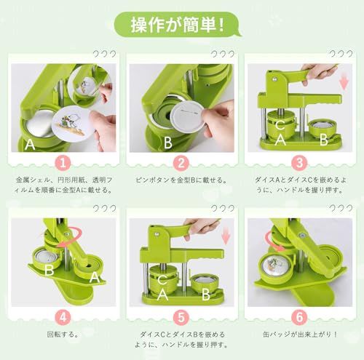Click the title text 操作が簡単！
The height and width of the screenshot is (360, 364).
click(182, 24)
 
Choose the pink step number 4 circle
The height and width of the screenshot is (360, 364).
click(63, 317)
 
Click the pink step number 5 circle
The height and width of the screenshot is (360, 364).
click(182, 317)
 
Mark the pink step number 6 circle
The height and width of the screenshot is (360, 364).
click(300, 317)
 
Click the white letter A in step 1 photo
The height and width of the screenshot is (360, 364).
click(29, 143)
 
